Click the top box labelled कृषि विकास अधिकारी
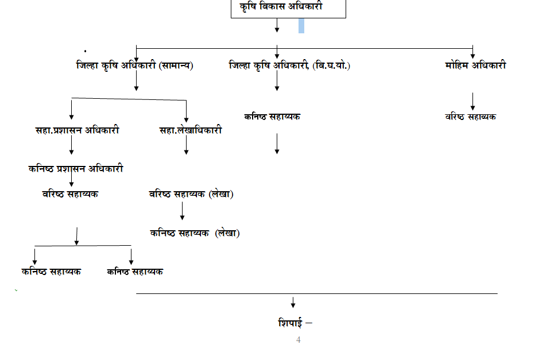point(288,9)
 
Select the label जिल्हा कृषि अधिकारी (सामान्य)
point(134,65)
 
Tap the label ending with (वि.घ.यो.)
point(289,65)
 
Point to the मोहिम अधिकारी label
point(475,65)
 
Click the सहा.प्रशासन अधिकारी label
point(77,130)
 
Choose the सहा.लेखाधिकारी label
point(191,130)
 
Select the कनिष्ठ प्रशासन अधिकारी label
point(76,169)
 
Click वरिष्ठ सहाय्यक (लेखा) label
point(191,194)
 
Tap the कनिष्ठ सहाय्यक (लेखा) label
point(195,233)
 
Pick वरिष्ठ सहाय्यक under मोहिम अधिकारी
point(470,117)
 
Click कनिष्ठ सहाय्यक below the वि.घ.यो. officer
point(272,117)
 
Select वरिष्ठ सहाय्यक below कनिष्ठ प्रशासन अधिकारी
point(70,194)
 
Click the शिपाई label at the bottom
point(290,323)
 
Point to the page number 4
point(298,340)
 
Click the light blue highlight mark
point(301,26)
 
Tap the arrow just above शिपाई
point(293,303)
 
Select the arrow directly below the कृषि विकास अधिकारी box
point(277,25)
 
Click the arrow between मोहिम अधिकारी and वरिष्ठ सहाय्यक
point(472,102)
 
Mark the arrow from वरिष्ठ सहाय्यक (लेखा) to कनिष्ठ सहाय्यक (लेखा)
point(183,211)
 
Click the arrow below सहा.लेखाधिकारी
point(186,145)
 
